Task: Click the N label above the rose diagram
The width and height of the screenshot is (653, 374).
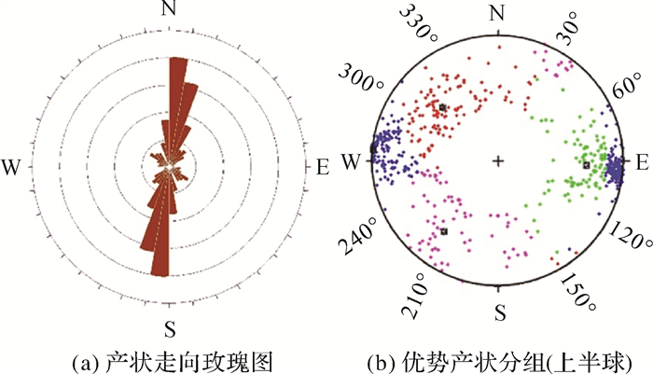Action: click(x=169, y=11)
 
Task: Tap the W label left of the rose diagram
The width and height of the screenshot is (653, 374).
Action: click(x=12, y=167)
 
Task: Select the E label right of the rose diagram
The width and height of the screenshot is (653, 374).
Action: click(x=323, y=167)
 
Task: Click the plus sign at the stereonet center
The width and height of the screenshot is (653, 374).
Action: click(x=498, y=161)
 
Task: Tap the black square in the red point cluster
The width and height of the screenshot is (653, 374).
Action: click(x=442, y=108)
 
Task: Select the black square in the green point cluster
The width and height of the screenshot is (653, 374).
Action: click(x=587, y=165)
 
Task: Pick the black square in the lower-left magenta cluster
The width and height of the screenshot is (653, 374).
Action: click(x=445, y=230)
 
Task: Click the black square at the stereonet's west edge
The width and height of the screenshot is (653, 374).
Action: click(x=373, y=148)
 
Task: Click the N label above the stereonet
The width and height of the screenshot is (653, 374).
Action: click(x=497, y=12)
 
